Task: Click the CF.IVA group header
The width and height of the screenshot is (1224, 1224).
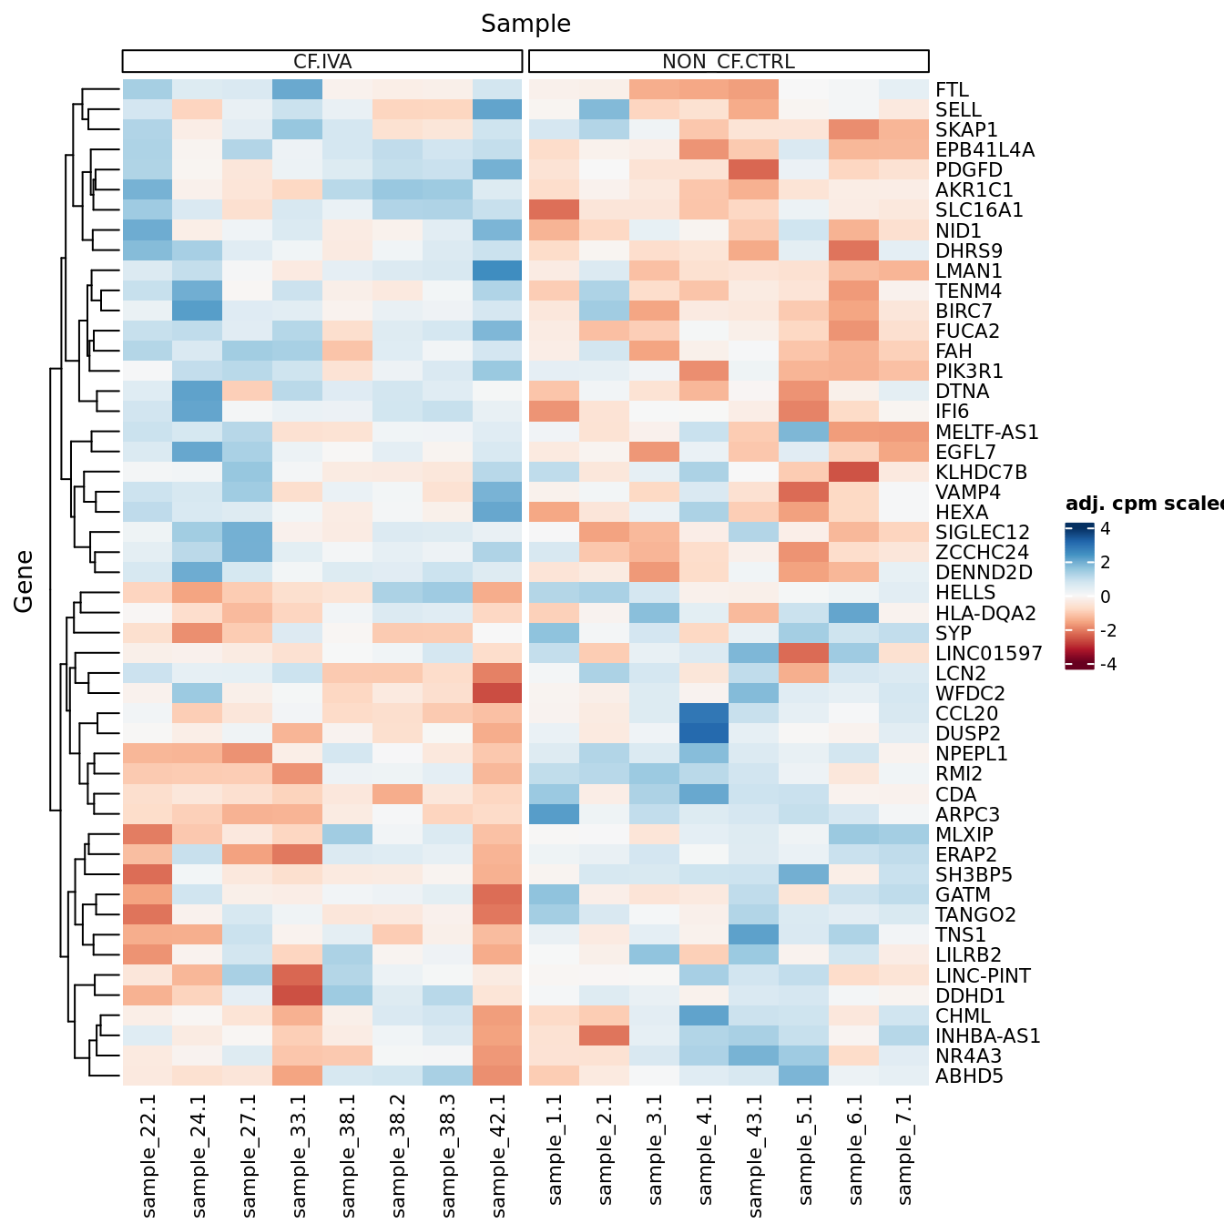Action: click(322, 62)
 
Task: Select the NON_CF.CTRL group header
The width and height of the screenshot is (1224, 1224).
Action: click(729, 62)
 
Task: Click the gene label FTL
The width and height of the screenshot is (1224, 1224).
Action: click(952, 90)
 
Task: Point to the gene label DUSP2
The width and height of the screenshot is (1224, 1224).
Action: click(968, 734)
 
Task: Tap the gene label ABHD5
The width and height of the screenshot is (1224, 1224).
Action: click(969, 1076)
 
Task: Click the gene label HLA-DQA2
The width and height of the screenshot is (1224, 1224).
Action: click(985, 614)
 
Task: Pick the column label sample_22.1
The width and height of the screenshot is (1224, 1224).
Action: click(148, 1155)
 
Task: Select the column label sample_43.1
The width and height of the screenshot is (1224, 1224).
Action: click(754, 1155)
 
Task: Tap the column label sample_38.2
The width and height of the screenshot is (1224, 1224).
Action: click(398, 1155)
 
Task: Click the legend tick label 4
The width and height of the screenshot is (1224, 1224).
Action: click(1105, 529)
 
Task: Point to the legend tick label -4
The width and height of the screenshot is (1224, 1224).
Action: click(1107, 665)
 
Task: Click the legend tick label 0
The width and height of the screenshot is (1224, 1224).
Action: click(1105, 597)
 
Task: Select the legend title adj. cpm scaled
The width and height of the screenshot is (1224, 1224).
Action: click(1144, 505)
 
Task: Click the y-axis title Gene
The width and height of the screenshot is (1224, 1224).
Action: click(24, 582)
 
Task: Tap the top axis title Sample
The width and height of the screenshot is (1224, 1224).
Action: click(525, 24)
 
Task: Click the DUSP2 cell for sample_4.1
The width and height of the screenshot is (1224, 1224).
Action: click(704, 734)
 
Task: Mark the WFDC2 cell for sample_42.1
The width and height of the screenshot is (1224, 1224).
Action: click(497, 694)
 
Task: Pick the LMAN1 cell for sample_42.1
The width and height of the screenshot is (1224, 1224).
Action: click(497, 271)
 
